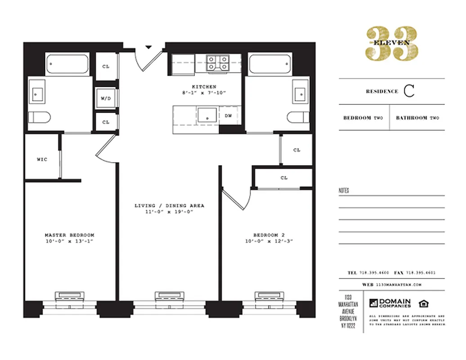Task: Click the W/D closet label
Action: coord(106,98)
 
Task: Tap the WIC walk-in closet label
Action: coord(42,159)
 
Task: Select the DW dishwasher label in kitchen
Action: coord(229,115)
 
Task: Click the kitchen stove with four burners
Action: coord(217,63)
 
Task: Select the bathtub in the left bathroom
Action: coord(68,64)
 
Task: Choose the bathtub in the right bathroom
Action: coord(270,64)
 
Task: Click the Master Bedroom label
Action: coord(69,235)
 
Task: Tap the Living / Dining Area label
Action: coord(169,206)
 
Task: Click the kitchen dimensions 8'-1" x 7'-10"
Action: coord(204,93)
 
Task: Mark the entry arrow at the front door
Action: coord(148,46)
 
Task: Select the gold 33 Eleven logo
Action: coord(391,43)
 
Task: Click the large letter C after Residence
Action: coord(408,91)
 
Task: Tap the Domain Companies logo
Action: coord(390,303)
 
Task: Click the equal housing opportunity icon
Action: coord(423,302)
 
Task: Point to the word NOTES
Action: coord(344,191)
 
